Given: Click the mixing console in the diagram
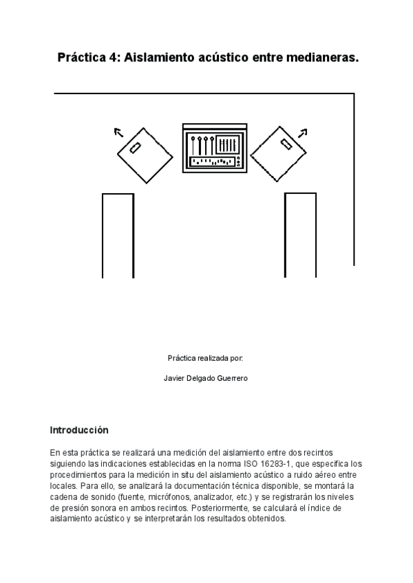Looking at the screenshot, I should point(213,148).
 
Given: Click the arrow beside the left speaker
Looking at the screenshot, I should point(119,132).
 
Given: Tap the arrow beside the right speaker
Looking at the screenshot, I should point(302,131).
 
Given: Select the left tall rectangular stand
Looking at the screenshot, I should point(118,235).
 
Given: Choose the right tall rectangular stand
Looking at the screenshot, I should point(300,235).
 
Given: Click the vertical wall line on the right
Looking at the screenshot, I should point(354,179).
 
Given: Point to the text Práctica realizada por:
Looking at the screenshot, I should point(205,358).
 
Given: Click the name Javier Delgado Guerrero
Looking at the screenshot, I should point(206,378).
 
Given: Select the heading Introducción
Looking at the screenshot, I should point(79,430).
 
